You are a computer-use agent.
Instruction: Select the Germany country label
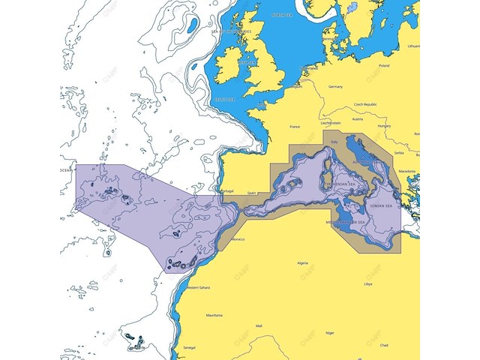click(x=335, y=86)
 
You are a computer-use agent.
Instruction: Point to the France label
click(x=295, y=127)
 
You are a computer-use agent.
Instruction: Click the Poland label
click(x=384, y=66)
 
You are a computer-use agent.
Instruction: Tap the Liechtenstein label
click(x=330, y=122)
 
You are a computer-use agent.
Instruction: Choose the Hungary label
click(x=384, y=127)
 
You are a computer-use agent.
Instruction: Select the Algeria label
click(x=303, y=263)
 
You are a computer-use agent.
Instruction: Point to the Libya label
click(x=367, y=284)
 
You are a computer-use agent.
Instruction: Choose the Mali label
click(x=259, y=326)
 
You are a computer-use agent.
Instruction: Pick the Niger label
click(x=329, y=331)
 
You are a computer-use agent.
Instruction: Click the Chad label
click(x=384, y=345)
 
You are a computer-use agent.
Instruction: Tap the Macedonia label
click(x=407, y=171)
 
